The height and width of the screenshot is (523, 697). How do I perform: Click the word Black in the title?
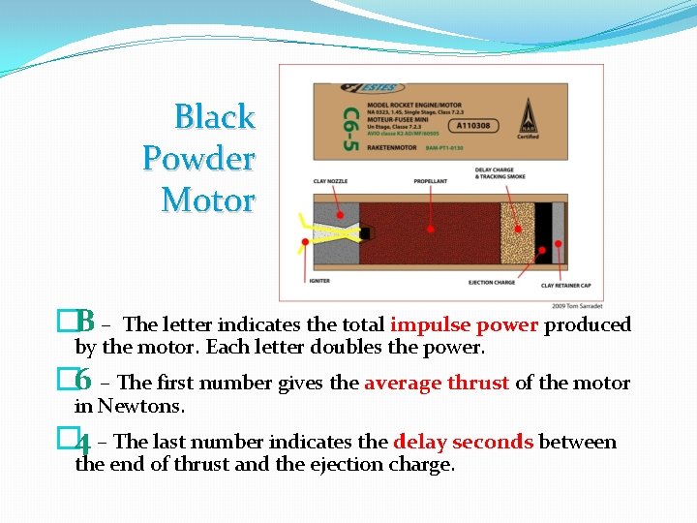click(214, 117)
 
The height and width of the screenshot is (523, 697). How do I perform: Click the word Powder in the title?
click(198, 158)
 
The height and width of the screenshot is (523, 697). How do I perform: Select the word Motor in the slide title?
click(208, 200)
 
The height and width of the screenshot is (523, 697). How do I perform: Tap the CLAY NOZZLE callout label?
click(331, 180)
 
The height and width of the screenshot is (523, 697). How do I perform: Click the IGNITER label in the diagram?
click(319, 281)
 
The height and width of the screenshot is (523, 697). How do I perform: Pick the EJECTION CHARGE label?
click(492, 282)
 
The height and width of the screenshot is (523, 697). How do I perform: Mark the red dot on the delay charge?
click(517, 229)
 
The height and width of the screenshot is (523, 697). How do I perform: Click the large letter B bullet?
click(85, 320)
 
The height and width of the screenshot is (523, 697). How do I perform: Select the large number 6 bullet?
click(84, 379)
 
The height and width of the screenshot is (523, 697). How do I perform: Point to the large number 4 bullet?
click(84, 444)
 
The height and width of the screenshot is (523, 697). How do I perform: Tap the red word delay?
click(414, 442)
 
